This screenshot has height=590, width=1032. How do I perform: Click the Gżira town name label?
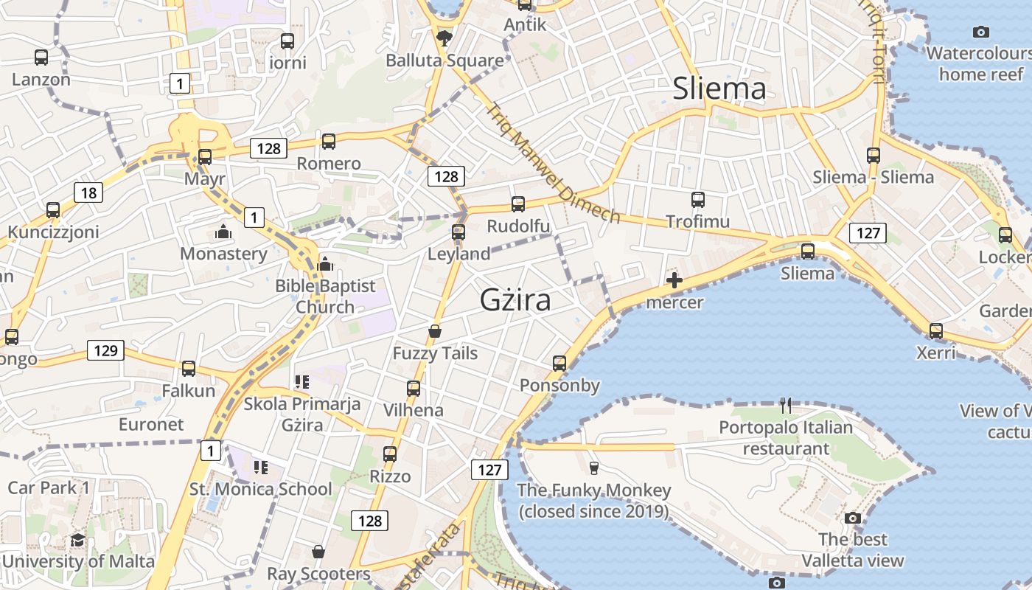[x=515, y=300]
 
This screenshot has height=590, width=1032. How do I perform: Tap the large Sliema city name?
[x=719, y=89]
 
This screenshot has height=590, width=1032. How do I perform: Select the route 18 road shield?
[x=88, y=193]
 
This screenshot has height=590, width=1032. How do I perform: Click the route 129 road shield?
[x=105, y=350]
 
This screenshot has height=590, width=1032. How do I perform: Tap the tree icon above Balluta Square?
[x=444, y=38]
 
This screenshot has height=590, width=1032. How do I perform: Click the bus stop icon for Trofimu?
[x=697, y=199]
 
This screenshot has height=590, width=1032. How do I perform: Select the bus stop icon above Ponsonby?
[x=559, y=363]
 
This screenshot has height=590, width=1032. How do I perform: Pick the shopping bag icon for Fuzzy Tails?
[x=435, y=331]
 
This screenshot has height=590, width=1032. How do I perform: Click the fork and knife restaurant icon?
[x=786, y=405]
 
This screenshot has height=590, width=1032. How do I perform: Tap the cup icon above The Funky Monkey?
[x=593, y=468]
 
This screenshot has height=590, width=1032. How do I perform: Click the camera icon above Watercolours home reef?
[x=980, y=32]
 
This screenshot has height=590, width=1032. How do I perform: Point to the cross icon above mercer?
[x=674, y=280]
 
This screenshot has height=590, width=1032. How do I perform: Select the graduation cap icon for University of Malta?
[x=77, y=540]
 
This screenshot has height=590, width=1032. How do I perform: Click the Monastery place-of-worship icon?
[x=223, y=232]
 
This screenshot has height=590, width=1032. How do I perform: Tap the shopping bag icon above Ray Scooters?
[x=318, y=552]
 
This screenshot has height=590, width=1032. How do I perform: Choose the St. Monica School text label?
[x=260, y=489]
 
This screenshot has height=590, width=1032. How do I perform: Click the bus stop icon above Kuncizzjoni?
[x=53, y=209]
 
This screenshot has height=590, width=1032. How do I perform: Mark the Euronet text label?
[x=151, y=425]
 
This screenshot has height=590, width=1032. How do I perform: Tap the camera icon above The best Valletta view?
[x=853, y=518]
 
